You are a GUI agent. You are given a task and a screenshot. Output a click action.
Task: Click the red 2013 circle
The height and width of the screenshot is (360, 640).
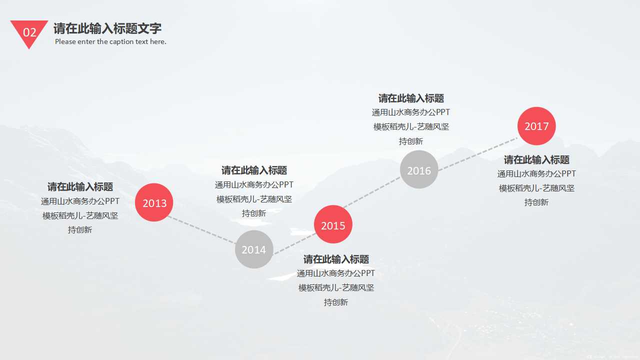click(154, 202)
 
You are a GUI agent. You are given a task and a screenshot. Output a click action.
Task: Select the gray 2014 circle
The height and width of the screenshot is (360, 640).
click(254, 249)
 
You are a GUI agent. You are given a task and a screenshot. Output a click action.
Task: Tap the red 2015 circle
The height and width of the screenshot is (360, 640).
click(333, 225)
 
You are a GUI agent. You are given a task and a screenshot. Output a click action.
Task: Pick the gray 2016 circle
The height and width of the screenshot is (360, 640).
click(419, 170)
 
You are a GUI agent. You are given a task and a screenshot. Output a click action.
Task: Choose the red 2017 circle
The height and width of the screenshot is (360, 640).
click(536, 126)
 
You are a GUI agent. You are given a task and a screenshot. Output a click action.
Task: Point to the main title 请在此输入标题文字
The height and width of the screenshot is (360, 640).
click(107, 28)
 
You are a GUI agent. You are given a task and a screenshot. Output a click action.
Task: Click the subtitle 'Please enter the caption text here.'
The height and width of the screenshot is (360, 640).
click(110, 41)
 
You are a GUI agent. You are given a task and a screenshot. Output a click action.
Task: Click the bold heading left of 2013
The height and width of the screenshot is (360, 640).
click(80, 187)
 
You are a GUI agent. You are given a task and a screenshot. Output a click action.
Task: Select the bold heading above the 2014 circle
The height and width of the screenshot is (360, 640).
click(254, 170)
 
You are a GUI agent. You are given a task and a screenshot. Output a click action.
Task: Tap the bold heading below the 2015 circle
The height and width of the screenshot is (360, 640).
click(336, 259)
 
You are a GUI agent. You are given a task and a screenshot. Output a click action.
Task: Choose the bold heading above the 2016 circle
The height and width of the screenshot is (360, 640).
click(411, 98)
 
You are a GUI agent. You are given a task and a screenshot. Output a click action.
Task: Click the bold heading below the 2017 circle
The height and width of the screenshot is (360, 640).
click(536, 160)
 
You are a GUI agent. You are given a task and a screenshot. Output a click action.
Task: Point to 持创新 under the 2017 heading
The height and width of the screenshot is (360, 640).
click(536, 202)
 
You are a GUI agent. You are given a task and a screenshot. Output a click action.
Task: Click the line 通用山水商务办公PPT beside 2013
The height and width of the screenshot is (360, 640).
click(80, 201)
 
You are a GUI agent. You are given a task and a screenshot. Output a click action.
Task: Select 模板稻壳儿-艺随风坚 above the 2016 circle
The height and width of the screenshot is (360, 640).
click(411, 127)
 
